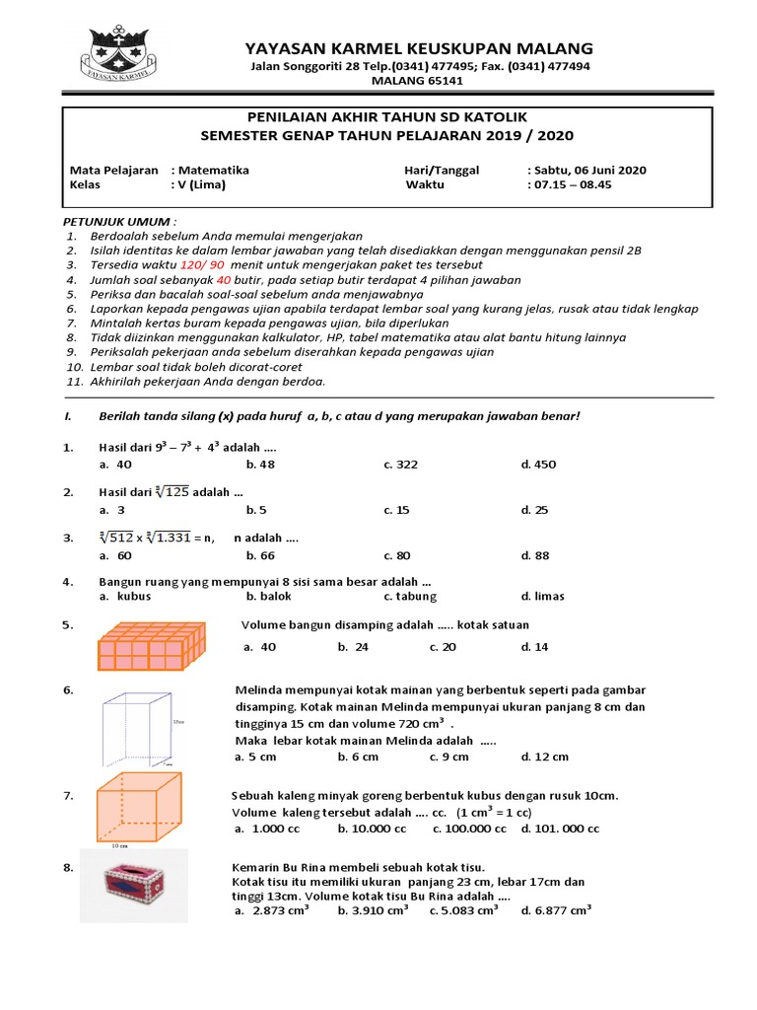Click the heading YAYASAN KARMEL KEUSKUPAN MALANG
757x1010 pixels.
[x=419, y=48]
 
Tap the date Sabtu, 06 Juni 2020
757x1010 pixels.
[x=588, y=170]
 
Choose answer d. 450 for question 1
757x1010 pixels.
[x=538, y=464]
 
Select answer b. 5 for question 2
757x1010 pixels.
[x=257, y=510]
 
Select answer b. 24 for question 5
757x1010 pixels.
[x=352, y=647]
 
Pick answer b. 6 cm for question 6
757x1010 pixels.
[x=358, y=757]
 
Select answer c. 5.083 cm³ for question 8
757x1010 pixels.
[x=463, y=910]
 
